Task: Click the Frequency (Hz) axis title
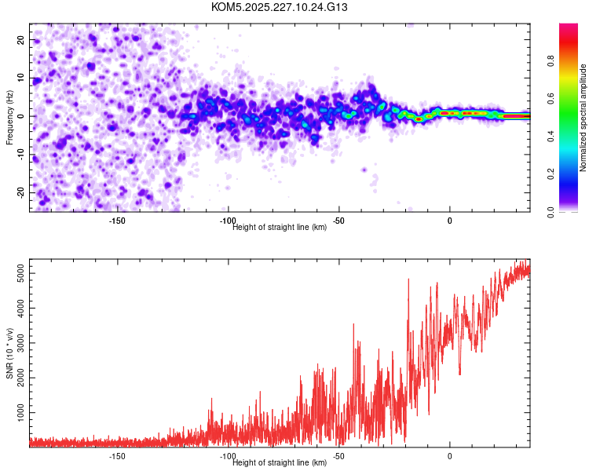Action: [9, 116]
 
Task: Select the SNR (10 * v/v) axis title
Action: [9, 352]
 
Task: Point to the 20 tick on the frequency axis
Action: [21, 39]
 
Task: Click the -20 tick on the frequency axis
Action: [20, 193]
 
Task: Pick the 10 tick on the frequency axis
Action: [21, 78]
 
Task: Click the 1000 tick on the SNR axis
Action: [16, 413]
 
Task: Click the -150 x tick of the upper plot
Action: [117, 221]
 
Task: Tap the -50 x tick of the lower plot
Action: [339, 456]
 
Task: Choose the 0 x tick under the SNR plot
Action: [450, 456]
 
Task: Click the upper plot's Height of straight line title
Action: [280, 228]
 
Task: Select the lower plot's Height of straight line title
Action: [280, 463]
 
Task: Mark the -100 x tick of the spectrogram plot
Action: [228, 221]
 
